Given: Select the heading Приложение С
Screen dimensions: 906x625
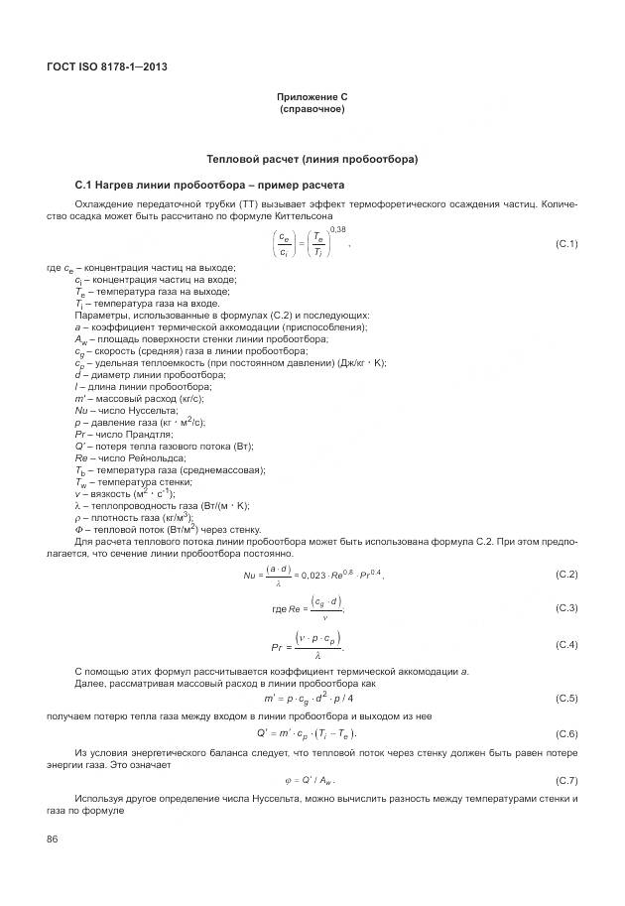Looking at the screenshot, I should tap(312, 97).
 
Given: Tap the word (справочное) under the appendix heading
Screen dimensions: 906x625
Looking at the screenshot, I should tap(312, 108).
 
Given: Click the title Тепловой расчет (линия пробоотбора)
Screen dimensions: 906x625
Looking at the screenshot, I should tap(312, 159).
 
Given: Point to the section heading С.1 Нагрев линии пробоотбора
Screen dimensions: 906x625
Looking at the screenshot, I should tap(209, 185).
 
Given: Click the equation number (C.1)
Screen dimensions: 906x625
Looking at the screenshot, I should tap(565, 244).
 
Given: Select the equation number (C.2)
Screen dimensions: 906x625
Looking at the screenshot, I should tap(565, 575).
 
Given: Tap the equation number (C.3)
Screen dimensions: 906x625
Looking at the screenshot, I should tap(565, 607).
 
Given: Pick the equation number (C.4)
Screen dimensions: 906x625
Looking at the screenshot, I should tap(565, 645).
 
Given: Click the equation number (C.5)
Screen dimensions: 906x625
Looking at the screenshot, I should tap(565, 699).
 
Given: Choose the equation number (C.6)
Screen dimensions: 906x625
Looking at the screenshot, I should tap(565, 733).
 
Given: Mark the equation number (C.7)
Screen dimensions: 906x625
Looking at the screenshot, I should tap(565, 780).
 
